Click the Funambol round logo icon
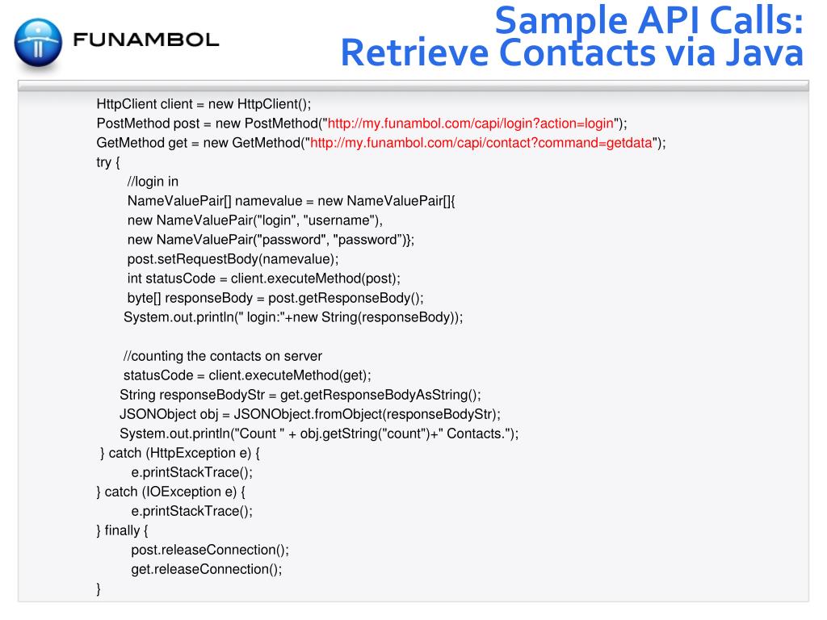tap(37, 41)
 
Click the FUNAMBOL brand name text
tap(145, 40)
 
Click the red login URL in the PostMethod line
tap(468, 124)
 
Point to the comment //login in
tap(153, 182)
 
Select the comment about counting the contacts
tap(222, 356)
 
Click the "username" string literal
tap(346, 220)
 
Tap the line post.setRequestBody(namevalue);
tap(233, 259)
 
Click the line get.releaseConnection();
tap(207, 569)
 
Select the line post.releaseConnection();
tap(210, 550)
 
